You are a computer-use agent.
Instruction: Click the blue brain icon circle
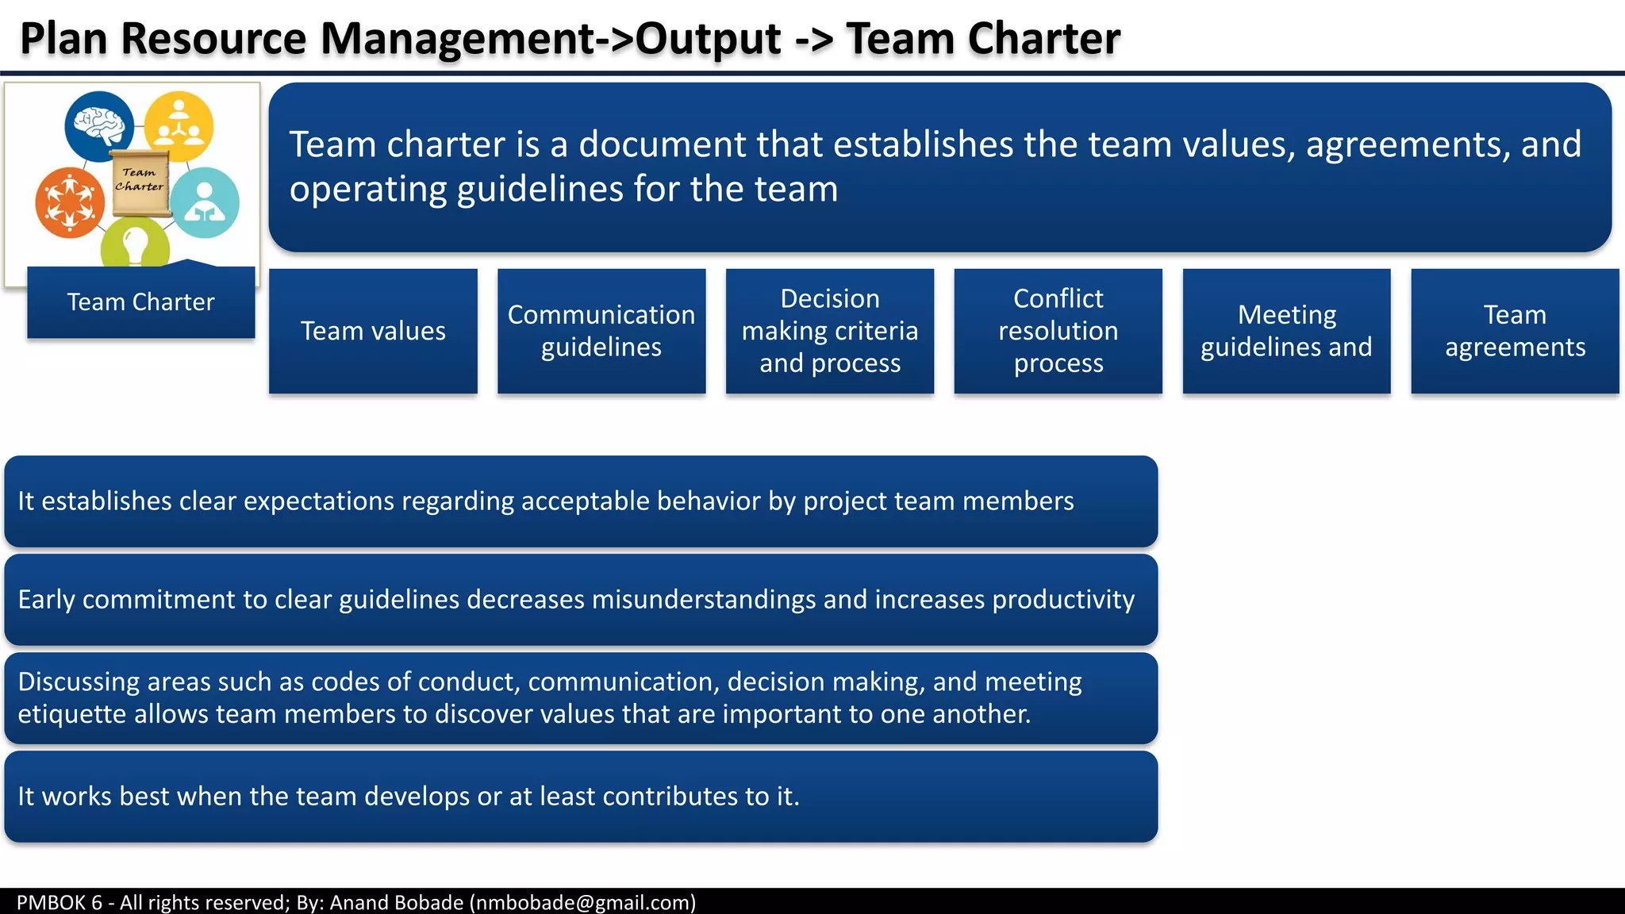point(99,125)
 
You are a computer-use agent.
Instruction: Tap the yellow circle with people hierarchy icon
point(179,125)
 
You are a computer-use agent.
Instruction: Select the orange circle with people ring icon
point(70,202)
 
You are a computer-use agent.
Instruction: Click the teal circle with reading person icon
point(205,202)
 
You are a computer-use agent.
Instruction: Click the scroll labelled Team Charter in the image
point(140,182)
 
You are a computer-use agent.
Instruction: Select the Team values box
point(373,331)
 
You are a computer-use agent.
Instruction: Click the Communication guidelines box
point(601,331)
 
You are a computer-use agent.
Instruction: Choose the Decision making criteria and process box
point(829,331)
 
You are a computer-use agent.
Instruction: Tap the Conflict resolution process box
point(1058,331)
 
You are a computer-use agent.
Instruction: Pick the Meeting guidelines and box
point(1286,331)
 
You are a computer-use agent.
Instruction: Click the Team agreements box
point(1515,331)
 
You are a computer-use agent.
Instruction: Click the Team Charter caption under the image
point(140,302)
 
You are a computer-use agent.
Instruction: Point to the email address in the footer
point(582,902)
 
